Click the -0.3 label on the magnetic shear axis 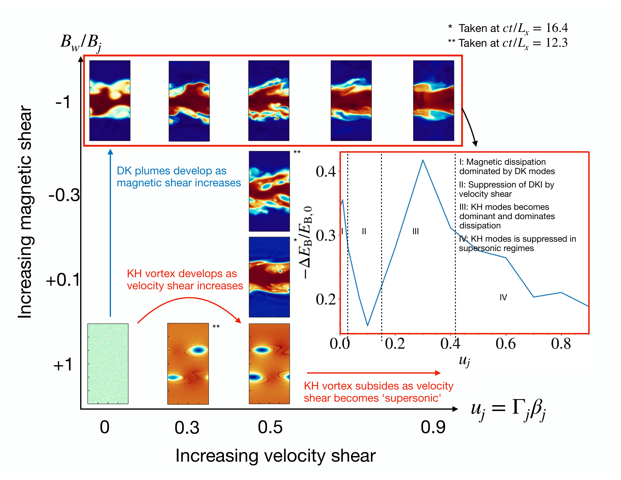pyautogui.click(x=64, y=196)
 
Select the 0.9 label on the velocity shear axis pyautogui.click(x=433, y=427)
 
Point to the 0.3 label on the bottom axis pyautogui.click(x=187, y=427)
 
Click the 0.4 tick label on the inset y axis pyautogui.click(x=326, y=172)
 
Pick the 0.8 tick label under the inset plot pyautogui.click(x=561, y=344)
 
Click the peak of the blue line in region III pyautogui.click(x=423, y=161)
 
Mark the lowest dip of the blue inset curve pyautogui.click(x=368, y=325)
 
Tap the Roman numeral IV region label pyautogui.click(x=503, y=297)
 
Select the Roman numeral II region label pyautogui.click(x=364, y=231)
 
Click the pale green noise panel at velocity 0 pyautogui.click(x=108, y=363)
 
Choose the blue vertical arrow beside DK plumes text pyautogui.click(x=110, y=233)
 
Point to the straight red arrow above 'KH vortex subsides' pyautogui.click(x=374, y=373)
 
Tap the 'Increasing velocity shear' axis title pyautogui.click(x=275, y=456)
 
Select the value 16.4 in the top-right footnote pyautogui.click(x=557, y=28)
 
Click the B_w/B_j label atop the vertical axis pyautogui.click(x=81, y=43)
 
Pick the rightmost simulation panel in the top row pyautogui.click(x=433, y=101)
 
